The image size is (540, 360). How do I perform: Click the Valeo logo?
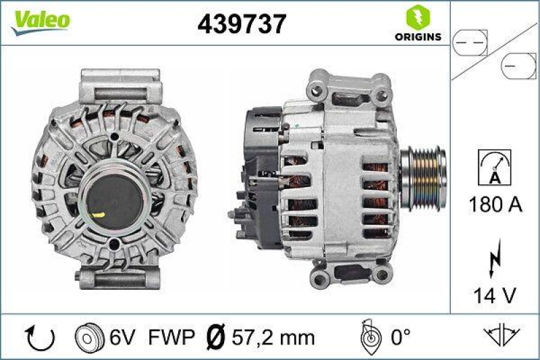(38, 20)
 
